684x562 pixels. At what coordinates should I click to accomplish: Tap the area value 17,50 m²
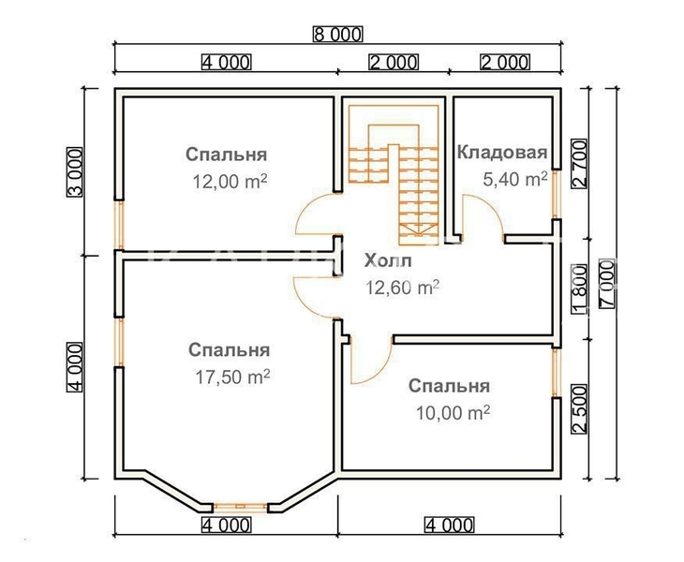[230, 377]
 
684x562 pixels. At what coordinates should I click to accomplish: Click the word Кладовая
[501, 153]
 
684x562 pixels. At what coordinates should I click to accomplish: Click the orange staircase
[396, 169]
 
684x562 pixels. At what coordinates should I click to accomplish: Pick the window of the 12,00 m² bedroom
[119, 224]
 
